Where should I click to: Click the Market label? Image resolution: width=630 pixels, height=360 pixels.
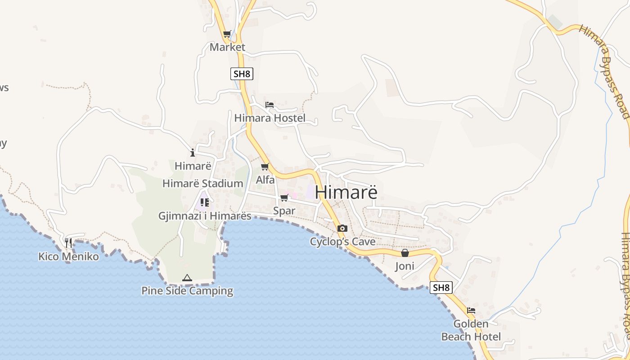pos(227,47)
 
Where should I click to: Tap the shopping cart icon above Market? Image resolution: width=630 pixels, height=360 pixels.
pos(227,34)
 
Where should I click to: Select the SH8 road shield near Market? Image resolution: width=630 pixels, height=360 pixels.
pos(242,74)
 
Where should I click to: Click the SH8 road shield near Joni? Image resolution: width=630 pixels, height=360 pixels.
pos(441,288)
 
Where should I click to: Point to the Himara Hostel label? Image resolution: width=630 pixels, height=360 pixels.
pos(270,118)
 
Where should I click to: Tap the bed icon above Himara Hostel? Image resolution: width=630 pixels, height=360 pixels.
pos(270,105)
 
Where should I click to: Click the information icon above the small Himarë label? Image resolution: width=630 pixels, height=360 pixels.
pos(193,153)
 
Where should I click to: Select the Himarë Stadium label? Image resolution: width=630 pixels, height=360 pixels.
pos(202,184)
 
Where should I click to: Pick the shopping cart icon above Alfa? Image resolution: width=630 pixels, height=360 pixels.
pos(265,167)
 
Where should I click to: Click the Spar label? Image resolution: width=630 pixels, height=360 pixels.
pos(284,211)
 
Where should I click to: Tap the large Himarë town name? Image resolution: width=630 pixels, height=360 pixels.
pos(346,192)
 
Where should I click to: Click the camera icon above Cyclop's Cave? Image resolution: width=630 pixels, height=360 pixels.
pos(342,228)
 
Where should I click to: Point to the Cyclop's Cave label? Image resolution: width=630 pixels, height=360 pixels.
pos(342,242)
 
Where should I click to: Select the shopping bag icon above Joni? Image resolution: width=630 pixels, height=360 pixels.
pos(405,253)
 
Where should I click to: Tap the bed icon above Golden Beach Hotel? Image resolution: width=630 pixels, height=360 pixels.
pos(471,310)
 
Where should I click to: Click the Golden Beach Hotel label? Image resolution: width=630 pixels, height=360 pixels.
pos(471,330)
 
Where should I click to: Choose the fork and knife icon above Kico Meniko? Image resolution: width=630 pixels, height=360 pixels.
pos(68,243)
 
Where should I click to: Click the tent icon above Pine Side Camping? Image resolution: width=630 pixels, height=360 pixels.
pos(187,278)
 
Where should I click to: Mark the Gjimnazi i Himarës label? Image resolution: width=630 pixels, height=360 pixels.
pos(205,216)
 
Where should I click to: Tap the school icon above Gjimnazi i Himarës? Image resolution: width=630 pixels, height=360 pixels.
pos(205,202)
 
